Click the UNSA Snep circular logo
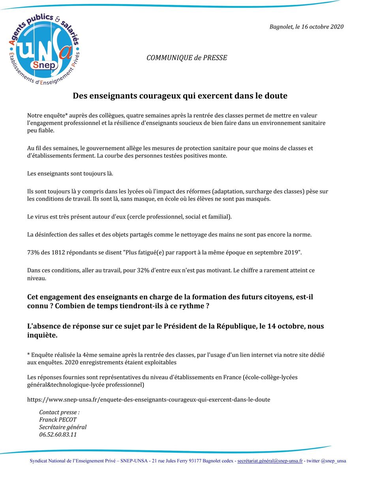[44, 49]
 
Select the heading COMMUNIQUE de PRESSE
[187, 58]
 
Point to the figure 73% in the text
[33, 252]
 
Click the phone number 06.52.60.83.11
[58, 435]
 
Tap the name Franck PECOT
[58, 420]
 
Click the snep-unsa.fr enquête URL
[148, 400]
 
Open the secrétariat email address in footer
[270, 461]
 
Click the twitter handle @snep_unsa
[333, 461]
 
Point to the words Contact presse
[59, 412]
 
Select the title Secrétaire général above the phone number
[63, 427]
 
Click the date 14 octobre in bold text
[287, 326]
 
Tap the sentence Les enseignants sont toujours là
[70, 174]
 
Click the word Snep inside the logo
[45, 65]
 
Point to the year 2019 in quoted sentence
[292, 252]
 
